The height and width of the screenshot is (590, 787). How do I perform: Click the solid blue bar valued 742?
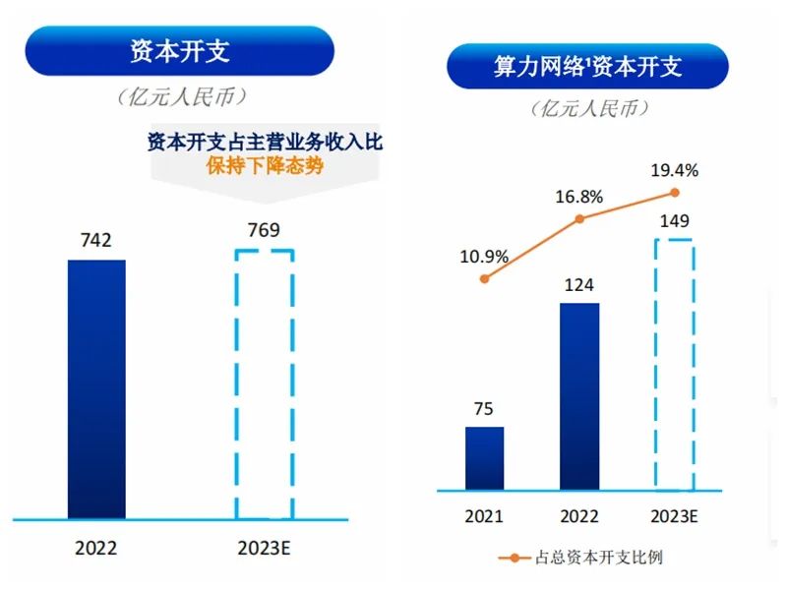[x=96, y=388]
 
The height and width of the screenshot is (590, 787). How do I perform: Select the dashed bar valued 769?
[x=264, y=383]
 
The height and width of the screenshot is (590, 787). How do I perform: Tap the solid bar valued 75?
[x=484, y=457]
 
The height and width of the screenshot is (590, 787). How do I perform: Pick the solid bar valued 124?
[x=579, y=395]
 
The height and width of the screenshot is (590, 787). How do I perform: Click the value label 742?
[x=95, y=240]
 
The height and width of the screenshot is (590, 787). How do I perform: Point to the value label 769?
[x=264, y=231]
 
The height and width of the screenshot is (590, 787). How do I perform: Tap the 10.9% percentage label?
[x=484, y=257]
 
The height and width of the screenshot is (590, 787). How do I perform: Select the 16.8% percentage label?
[x=578, y=196]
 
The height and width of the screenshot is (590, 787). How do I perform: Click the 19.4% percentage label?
[x=675, y=170]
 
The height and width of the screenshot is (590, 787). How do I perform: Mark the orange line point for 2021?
[x=484, y=279]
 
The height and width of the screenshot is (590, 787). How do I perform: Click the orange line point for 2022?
[x=579, y=218]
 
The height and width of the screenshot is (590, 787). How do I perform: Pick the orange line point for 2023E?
[x=675, y=193]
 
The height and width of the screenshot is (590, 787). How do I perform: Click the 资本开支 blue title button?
[x=179, y=51]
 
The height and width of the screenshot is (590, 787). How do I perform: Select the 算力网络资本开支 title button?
[x=587, y=67]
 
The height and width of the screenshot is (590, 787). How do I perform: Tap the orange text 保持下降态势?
[x=264, y=166]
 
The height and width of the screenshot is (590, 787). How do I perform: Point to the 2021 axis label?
[x=484, y=515]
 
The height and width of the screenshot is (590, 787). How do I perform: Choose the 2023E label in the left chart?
[x=264, y=548]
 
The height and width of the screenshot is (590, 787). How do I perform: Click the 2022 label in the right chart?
[x=579, y=515]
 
